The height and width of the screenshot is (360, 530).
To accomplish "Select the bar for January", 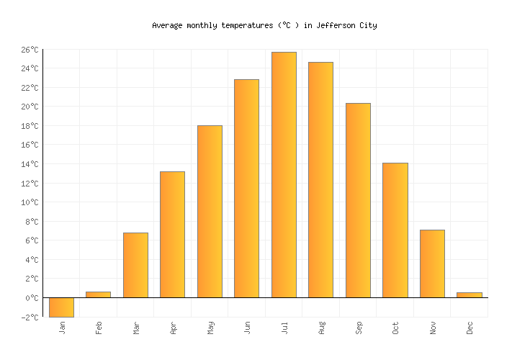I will tap(61, 307).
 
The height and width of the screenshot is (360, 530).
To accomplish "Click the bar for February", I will tap(98, 294).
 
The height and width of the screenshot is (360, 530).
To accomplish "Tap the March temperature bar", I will tap(135, 265).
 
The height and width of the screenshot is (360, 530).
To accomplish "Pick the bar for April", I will tap(172, 234).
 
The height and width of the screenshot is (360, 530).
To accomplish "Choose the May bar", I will tap(210, 211).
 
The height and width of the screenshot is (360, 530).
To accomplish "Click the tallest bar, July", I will tap(284, 174).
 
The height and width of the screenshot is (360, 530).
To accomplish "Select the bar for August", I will tap(320, 179).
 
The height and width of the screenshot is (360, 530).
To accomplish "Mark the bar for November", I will tap(432, 264).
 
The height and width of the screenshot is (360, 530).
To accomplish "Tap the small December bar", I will tap(469, 294).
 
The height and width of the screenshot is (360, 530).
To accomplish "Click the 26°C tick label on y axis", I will tap(29, 50).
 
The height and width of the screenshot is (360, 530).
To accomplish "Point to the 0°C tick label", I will tap(31, 298).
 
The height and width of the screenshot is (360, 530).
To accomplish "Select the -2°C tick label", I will tap(29, 317).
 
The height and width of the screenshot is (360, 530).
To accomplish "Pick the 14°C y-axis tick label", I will tap(29, 164).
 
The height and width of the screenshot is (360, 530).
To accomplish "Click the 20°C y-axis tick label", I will tap(29, 107).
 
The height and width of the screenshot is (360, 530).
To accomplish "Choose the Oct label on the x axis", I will tap(396, 328).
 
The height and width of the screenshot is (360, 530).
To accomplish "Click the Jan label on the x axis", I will tap(63, 328).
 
